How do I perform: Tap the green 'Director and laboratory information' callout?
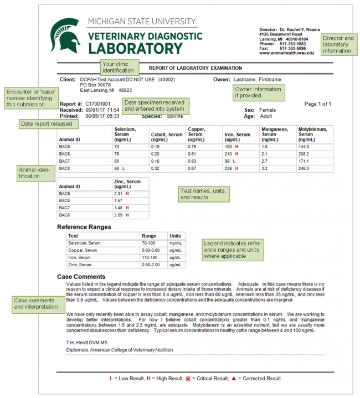coord(338,44)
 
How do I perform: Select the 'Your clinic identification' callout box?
coord(117,67)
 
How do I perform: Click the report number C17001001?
coord(98,104)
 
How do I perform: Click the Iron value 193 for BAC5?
coord(228,146)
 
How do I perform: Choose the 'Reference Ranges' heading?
coord(84,227)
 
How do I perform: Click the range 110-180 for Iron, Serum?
coord(151,257)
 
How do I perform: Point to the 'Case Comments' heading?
coord(81,277)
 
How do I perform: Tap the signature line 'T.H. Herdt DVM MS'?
coord(89,342)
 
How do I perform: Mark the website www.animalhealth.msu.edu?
coord(286,53)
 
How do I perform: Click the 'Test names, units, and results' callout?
coord(203,194)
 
